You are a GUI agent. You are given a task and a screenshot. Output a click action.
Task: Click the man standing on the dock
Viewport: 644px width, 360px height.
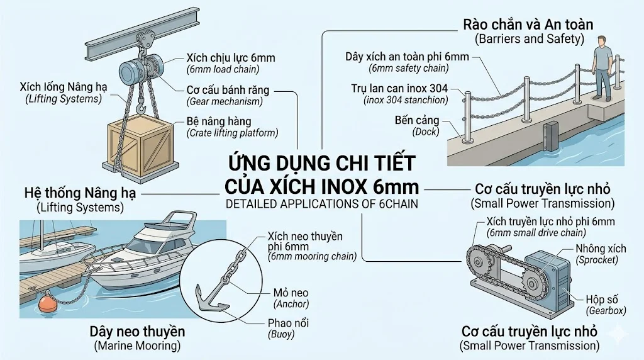coord(602,67)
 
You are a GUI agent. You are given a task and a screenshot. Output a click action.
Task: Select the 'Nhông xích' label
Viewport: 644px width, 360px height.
coord(601,248)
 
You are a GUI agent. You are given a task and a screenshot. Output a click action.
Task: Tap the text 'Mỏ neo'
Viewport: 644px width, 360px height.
coord(290,293)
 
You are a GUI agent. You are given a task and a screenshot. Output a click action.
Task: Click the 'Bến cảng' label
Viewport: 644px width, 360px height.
coord(417,120)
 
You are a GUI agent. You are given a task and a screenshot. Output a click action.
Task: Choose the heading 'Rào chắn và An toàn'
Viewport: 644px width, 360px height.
coord(528,25)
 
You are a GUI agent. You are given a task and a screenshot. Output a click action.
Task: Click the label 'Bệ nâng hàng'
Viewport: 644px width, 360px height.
coord(219,121)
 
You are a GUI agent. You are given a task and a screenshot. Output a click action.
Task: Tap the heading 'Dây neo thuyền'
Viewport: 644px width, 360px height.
coord(137,332)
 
